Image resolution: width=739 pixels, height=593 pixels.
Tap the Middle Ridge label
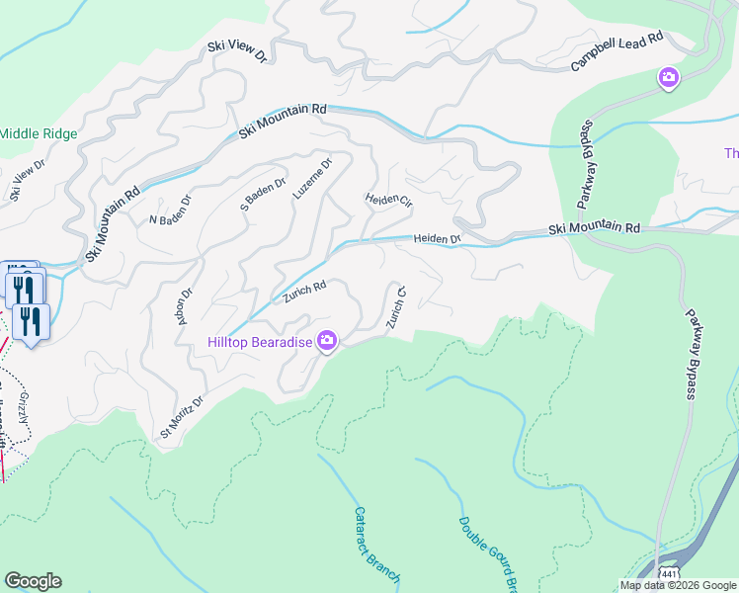coord(38,133)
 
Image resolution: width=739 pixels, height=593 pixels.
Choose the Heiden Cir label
coord(388,200)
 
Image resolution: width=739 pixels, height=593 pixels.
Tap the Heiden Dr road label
coord(438,238)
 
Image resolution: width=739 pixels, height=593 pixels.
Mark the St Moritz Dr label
coord(182,417)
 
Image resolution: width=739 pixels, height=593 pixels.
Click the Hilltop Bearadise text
coord(260,342)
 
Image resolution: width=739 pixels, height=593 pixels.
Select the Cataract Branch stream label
coord(375,544)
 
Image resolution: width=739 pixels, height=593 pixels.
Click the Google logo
coord(33,581)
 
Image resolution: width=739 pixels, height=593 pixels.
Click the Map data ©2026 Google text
coord(678,585)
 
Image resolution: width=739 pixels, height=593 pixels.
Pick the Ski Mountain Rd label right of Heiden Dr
coord(595,228)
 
